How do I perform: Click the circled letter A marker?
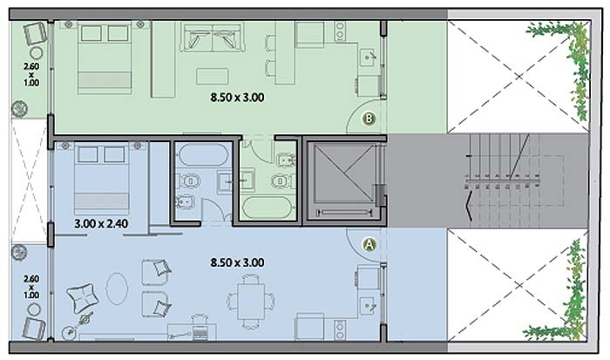[x=369, y=244]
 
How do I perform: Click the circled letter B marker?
[x=369, y=118]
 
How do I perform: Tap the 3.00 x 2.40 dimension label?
[x=101, y=224]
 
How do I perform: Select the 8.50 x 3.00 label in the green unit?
[x=237, y=98]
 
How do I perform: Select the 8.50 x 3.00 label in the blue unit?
[x=237, y=262]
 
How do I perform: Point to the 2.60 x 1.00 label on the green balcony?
[x=31, y=74]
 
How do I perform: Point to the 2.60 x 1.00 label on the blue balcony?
[x=31, y=287]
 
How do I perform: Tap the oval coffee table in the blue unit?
[x=117, y=289]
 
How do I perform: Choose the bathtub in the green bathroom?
[x=268, y=208]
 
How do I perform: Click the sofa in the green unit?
[x=213, y=37]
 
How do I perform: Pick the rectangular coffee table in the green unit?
[x=213, y=77]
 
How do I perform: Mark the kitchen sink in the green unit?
[x=368, y=58]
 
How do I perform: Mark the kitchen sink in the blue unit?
[x=368, y=306]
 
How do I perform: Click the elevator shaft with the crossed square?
[x=344, y=174]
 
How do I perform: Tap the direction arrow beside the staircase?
[x=470, y=206]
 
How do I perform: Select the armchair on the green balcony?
[x=34, y=33]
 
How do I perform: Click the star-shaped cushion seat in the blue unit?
[x=83, y=298]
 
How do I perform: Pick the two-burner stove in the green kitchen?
[x=340, y=31]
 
